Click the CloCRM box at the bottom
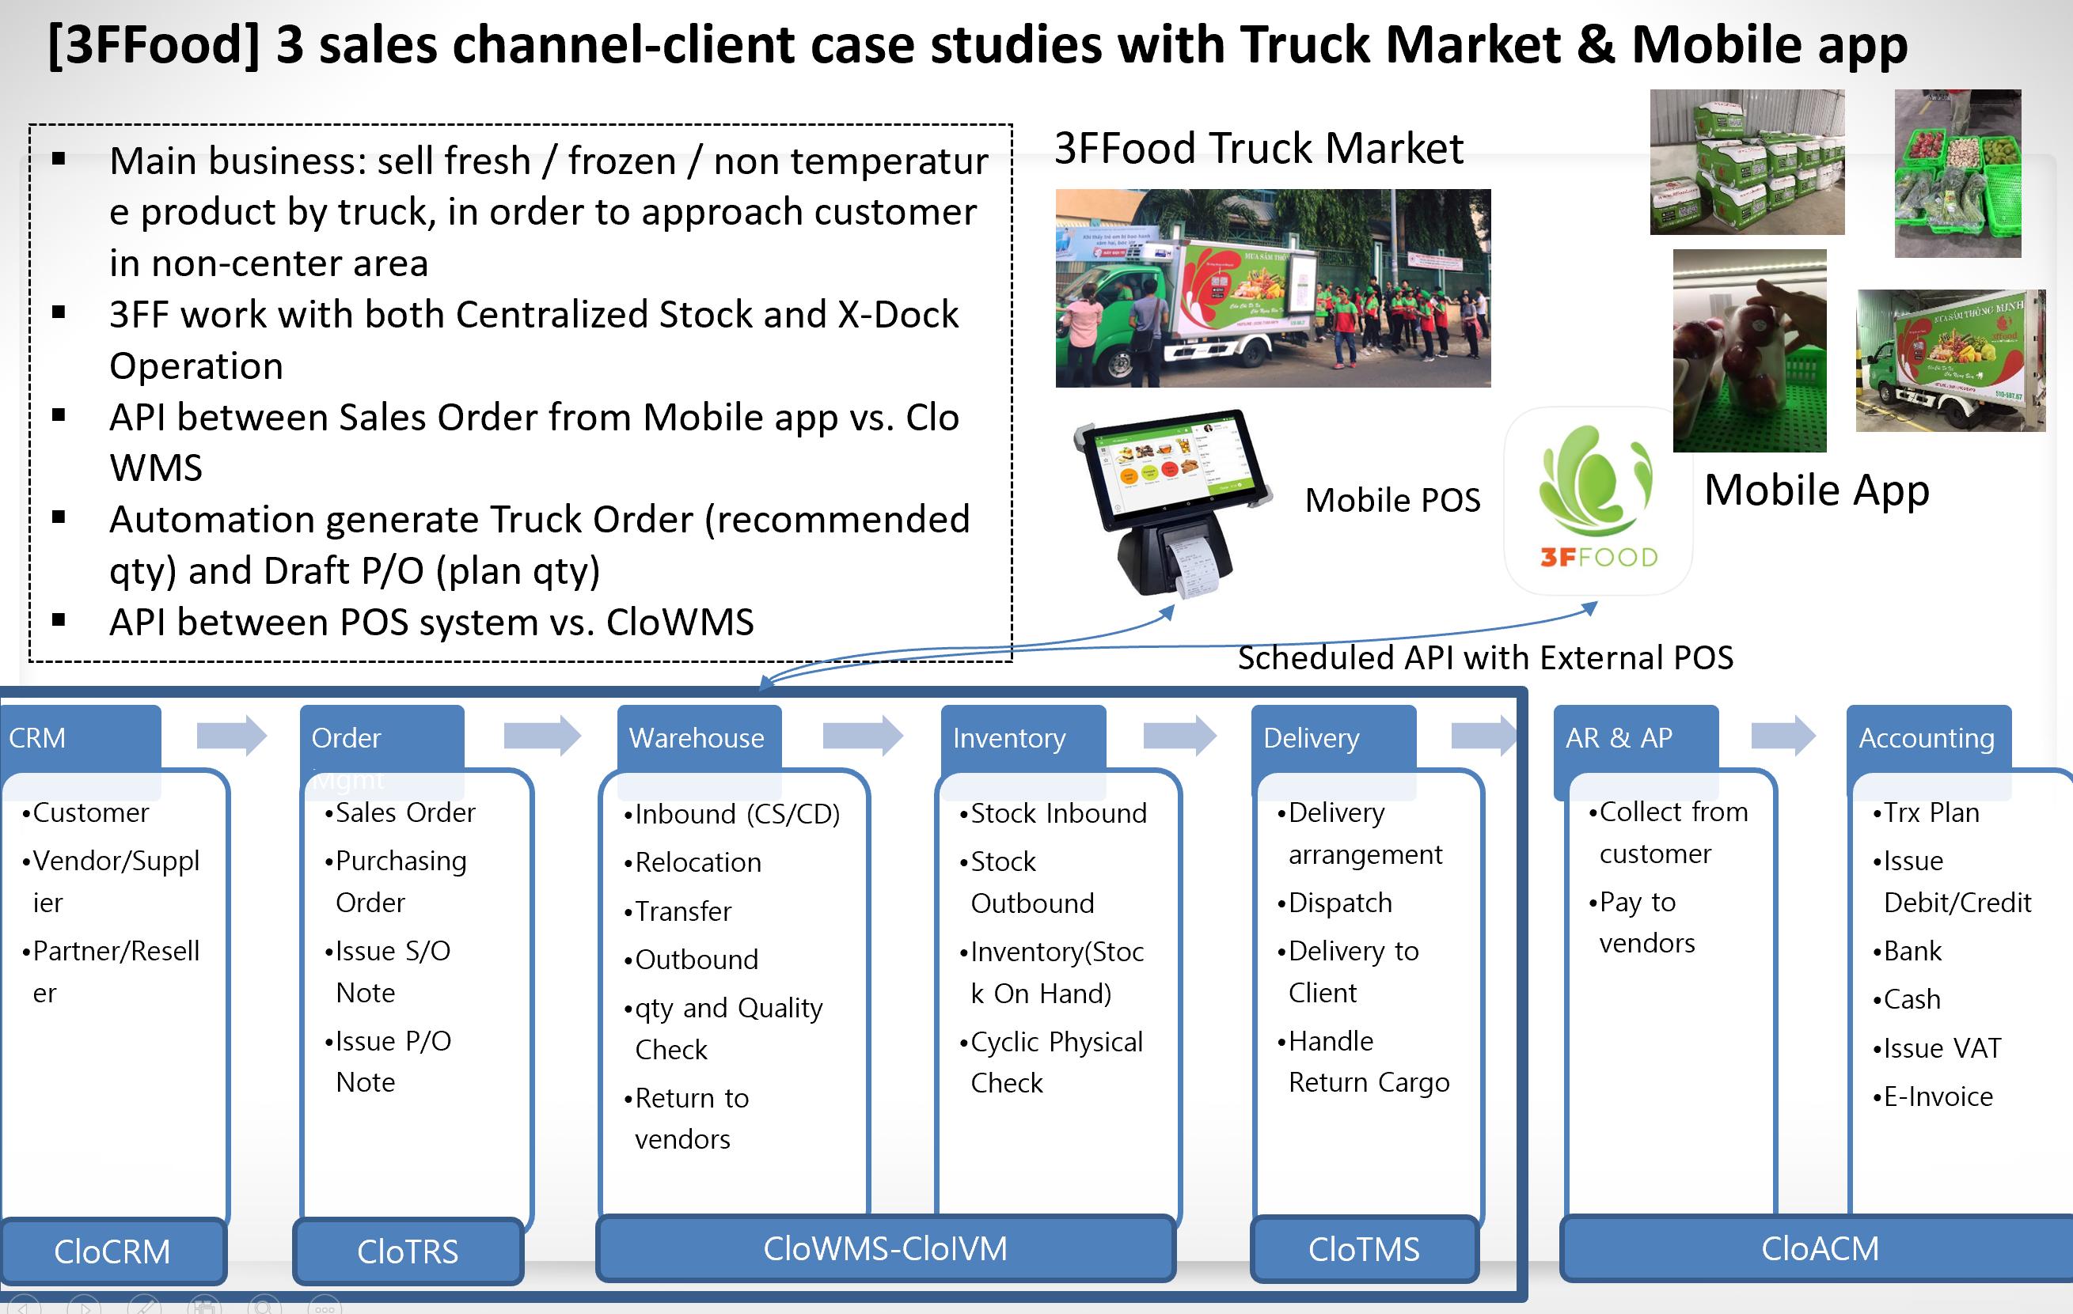coord(112,1252)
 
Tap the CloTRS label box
coord(408,1252)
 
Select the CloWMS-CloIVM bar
coord(885,1248)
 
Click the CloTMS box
coord(1364,1248)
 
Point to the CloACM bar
coord(1820,1248)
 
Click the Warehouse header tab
coord(698,737)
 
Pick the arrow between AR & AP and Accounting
coord(1783,736)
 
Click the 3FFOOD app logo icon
coord(1598,502)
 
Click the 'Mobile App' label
coord(1817,490)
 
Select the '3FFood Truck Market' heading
coord(1258,149)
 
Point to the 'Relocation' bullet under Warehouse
coord(697,862)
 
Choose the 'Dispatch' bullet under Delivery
coord(1339,903)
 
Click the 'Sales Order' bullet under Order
coord(404,812)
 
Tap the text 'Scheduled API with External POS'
coord(1485,657)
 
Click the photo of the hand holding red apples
coord(1749,351)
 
